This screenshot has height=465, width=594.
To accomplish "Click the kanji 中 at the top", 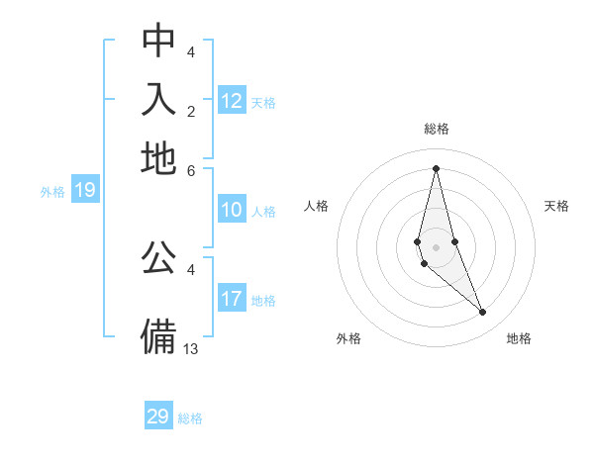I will pyautogui.click(x=158, y=41).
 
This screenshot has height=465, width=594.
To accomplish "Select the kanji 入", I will pyautogui.click(x=158, y=100).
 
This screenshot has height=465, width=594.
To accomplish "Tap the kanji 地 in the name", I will pyautogui.click(x=158, y=158).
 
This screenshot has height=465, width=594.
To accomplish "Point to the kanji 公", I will pyautogui.click(x=158, y=258).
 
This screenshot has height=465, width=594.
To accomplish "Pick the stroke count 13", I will pyautogui.click(x=192, y=348).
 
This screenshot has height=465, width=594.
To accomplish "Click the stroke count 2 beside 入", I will pyautogui.click(x=191, y=111).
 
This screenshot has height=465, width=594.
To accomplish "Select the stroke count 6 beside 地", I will pyautogui.click(x=191, y=169).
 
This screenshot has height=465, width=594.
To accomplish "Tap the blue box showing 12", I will pyautogui.click(x=232, y=101).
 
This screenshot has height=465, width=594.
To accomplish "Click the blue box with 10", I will pyautogui.click(x=232, y=210).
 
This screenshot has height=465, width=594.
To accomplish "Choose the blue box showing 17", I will pyautogui.click(x=232, y=299).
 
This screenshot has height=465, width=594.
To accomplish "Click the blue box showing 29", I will pyautogui.click(x=158, y=417).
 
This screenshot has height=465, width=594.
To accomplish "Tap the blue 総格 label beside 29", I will pyautogui.click(x=190, y=418).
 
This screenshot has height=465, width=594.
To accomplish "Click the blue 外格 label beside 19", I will pyautogui.click(x=52, y=192).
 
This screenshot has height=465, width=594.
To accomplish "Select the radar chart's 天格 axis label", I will pyautogui.click(x=556, y=206).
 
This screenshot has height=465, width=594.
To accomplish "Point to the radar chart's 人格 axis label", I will pyautogui.click(x=317, y=206).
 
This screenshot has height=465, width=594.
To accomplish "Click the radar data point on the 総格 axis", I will pyautogui.click(x=436, y=168).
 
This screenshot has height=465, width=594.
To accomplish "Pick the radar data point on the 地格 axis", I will pyautogui.click(x=483, y=313).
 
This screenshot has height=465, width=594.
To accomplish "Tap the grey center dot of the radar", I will pyautogui.click(x=436, y=247).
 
